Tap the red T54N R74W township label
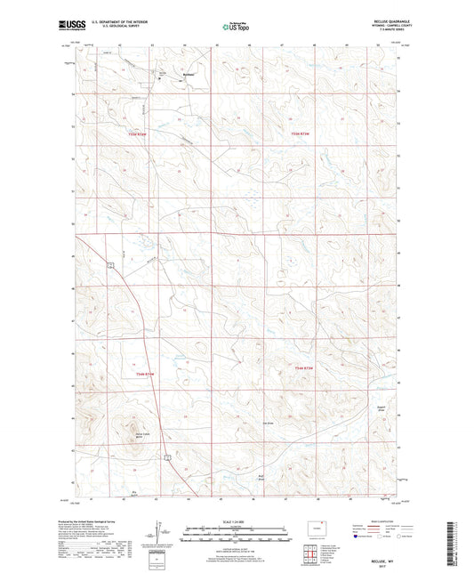[144, 375]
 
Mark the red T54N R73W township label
[304, 368]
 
